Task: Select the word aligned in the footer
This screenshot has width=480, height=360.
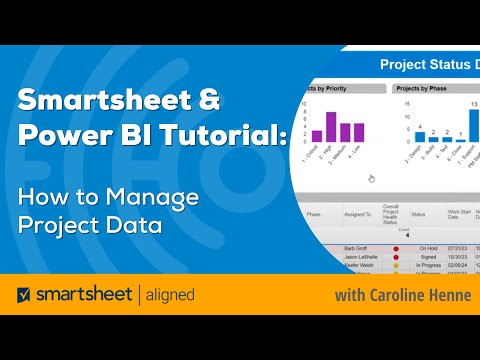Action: (x=164, y=296)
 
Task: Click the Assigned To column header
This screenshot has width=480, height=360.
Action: (x=356, y=213)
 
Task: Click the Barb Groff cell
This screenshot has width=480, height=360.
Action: (x=356, y=248)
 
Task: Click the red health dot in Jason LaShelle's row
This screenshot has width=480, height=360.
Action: (x=395, y=257)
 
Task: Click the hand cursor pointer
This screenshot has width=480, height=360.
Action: (x=371, y=178)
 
